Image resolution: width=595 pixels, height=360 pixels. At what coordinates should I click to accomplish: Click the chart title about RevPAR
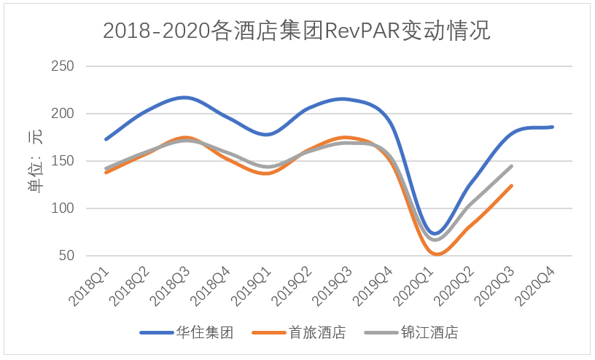click(x=297, y=31)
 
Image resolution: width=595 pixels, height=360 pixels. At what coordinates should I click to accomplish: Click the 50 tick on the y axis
click(x=67, y=256)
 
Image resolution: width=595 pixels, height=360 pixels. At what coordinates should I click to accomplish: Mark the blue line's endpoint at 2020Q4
click(x=552, y=127)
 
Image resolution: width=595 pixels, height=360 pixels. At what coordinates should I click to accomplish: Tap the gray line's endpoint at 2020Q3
click(x=512, y=166)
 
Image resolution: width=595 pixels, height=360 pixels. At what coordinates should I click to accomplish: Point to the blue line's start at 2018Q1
click(x=106, y=138)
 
